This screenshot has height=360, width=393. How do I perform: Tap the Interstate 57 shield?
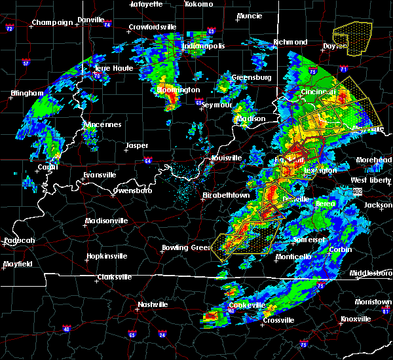(26, 63)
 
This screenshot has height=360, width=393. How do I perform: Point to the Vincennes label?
(102, 124)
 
